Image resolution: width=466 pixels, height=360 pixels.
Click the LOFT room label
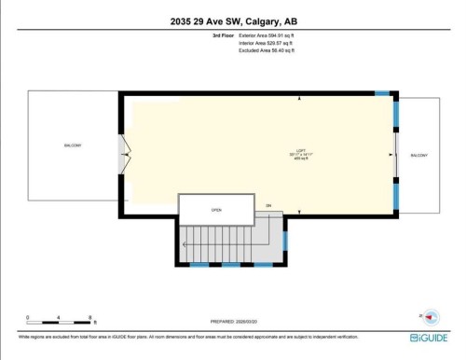[x=300, y=152]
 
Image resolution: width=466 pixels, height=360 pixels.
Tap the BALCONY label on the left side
[x=73, y=146]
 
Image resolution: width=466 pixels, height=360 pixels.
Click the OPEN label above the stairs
[x=216, y=209]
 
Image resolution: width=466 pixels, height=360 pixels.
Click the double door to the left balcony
[x=124, y=155]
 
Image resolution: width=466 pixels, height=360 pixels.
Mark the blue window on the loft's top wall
[x=381, y=93]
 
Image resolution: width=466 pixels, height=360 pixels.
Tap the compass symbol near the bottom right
[x=430, y=317]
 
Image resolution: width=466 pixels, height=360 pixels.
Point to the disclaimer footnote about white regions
[x=186, y=337]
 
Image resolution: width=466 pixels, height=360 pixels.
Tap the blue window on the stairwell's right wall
[x=285, y=240]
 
